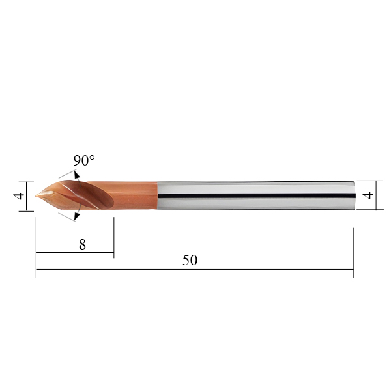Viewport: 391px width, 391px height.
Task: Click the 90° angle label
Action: point(84,160)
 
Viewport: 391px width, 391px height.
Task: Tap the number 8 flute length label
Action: point(82,244)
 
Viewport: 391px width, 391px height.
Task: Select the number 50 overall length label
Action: point(190,260)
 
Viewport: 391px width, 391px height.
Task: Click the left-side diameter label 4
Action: point(18,195)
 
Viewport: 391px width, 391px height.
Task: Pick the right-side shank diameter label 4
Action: point(368,195)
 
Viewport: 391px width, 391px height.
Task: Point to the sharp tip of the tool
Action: point(35,196)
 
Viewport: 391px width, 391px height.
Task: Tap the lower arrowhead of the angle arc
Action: point(77,217)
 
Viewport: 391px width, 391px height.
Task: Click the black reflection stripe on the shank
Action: point(256,195)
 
